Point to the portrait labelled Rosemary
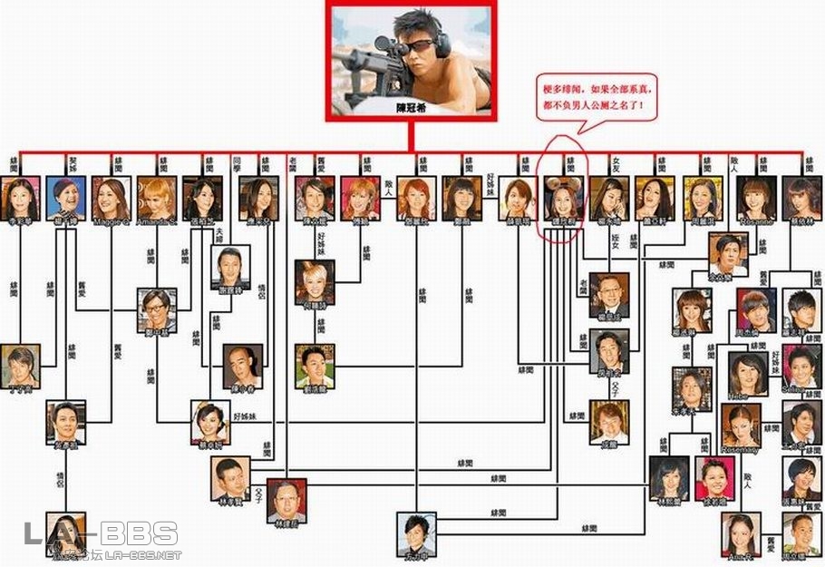coord(741,423)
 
